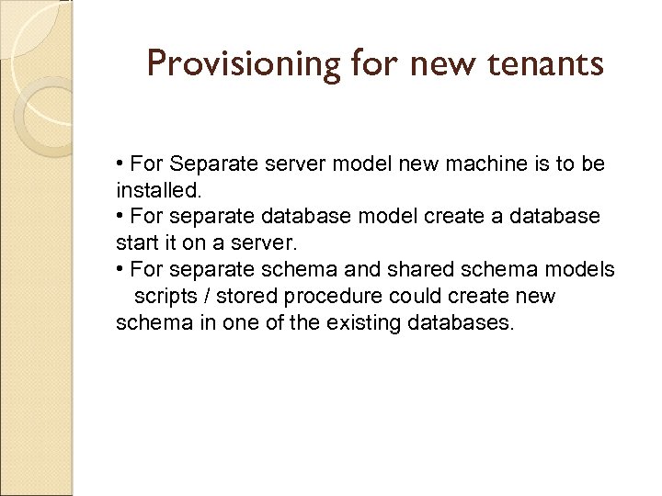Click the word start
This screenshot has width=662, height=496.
[134, 244]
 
